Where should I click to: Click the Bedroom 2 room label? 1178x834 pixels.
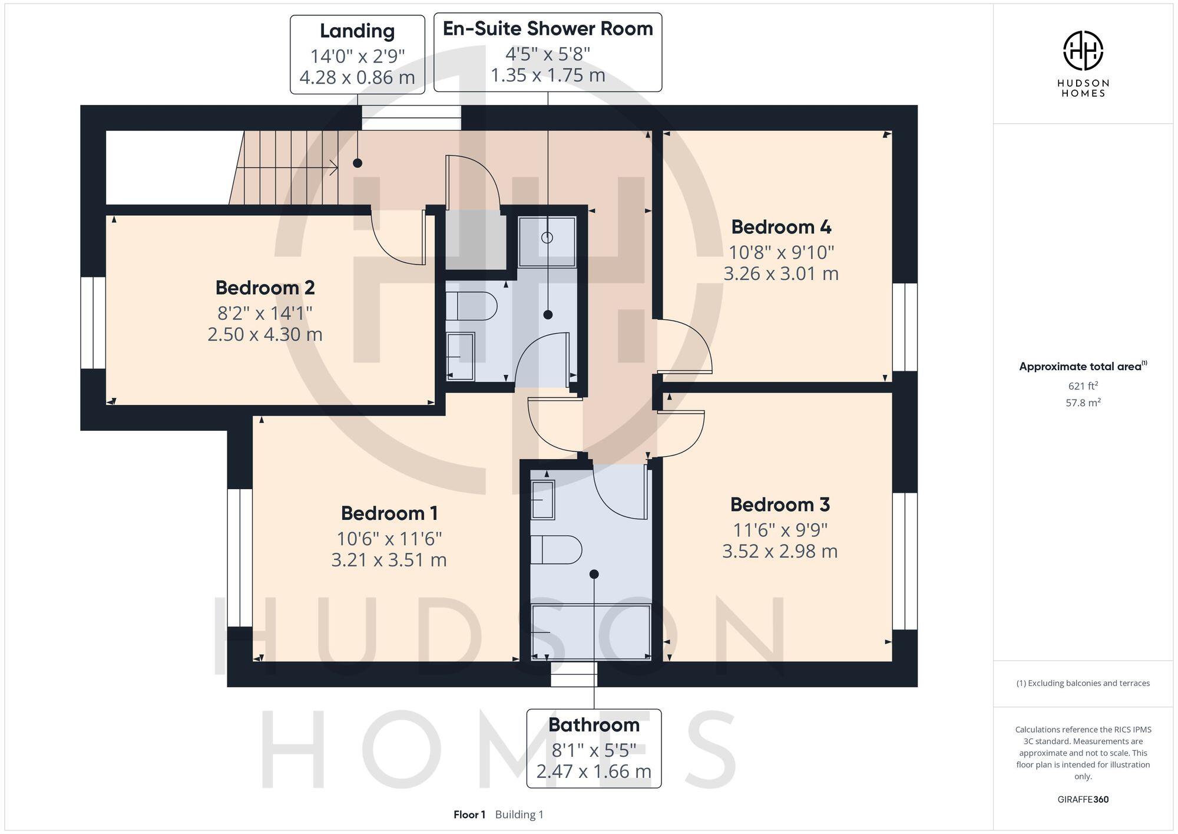click(264, 288)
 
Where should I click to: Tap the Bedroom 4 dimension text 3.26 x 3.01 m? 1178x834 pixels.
click(780, 273)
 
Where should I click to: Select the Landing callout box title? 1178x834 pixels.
click(357, 31)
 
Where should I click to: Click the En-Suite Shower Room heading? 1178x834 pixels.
click(547, 29)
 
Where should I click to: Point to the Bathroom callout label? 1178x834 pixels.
click(594, 724)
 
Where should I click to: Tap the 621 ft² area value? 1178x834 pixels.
click(1083, 386)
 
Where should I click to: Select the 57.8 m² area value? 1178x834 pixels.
click(1083, 403)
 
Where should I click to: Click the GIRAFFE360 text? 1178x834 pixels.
click(1083, 799)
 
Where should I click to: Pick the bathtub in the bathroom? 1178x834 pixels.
click(591, 631)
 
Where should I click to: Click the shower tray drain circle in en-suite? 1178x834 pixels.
click(547, 238)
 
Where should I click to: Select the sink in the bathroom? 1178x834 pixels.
click(542, 500)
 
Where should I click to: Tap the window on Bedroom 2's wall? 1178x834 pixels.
click(92, 323)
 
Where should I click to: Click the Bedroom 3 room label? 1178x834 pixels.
click(780, 505)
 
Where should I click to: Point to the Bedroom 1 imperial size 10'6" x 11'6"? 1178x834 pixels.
click(389, 538)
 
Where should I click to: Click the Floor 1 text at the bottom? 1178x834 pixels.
click(469, 815)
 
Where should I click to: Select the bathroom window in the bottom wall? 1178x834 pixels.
click(574, 674)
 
